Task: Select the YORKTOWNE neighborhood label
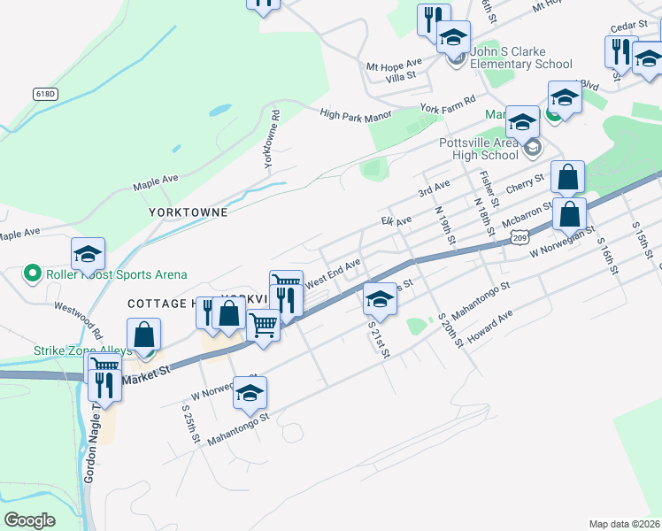click(x=189, y=212)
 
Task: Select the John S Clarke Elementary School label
click(x=521, y=58)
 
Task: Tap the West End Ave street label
click(x=333, y=272)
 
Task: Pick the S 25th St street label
click(x=189, y=425)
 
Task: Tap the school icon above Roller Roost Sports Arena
click(x=89, y=255)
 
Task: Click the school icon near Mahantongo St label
click(x=250, y=392)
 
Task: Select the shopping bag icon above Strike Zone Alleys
click(x=143, y=335)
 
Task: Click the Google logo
click(x=30, y=520)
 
